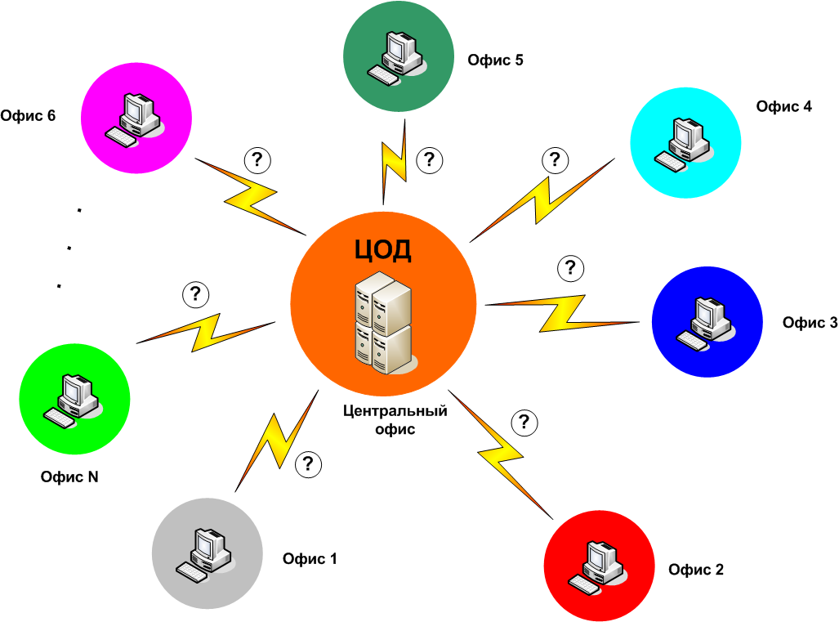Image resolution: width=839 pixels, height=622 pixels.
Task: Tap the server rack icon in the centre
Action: (x=382, y=322)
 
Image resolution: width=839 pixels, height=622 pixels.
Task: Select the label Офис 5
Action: (x=495, y=60)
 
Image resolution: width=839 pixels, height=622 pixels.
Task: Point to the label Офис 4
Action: (x=783, y=106)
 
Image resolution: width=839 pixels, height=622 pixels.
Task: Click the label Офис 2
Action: (x=695, y=570)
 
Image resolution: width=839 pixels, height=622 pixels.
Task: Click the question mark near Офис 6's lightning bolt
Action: (x=258, y=159)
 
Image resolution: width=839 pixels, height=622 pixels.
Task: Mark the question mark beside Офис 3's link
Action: (x=569, y=267)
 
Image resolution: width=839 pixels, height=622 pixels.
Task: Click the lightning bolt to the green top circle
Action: (x=394, y=164)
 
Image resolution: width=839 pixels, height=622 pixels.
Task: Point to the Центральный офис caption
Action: (x=395, y=419)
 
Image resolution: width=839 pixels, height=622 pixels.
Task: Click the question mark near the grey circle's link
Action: (x=307, y=464)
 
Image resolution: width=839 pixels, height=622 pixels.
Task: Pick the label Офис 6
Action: (x=29, y=115)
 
